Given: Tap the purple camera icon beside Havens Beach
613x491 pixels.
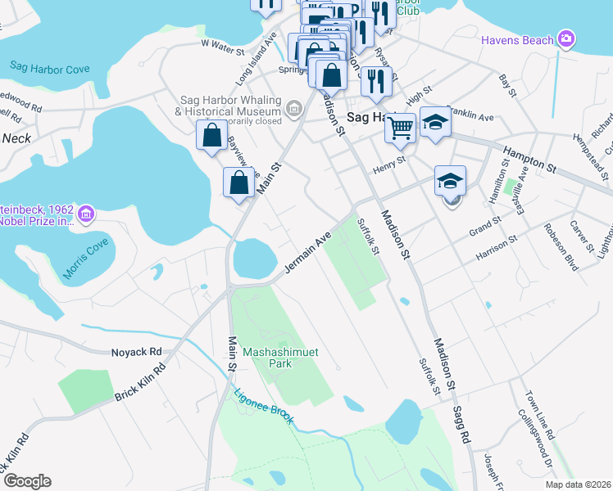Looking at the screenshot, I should pyautogui.click(x=565, y=38).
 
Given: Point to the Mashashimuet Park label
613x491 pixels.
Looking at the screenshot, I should pyautogui.click(x=281, y=357).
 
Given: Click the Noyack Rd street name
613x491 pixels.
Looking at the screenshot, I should pyautogui.click(x=137, y=352).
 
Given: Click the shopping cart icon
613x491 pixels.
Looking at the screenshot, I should pyautogui.click(x=400, y=126).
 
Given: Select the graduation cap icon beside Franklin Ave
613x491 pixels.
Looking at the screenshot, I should pyautogui.click(x=436, y=122).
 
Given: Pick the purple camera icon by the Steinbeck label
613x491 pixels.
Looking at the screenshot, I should pyautogui.click(x=86, y=214).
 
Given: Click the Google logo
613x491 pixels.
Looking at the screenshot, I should pyautogui.click(x=27, y=481).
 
